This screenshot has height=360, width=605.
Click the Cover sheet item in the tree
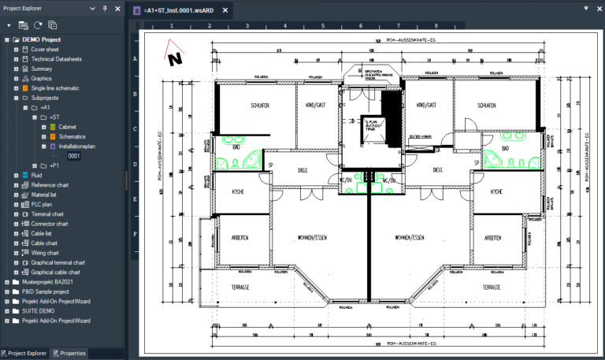[45, 49]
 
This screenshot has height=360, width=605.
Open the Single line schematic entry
[54, 88]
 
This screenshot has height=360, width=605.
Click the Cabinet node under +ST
[66, 127]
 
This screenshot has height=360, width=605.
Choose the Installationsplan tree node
[76, 146]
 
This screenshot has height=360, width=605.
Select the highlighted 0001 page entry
[74, 156]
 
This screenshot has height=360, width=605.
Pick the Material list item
[48, 195]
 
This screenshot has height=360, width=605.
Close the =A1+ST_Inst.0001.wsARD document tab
[225, 11]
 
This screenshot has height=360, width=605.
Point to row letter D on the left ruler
[135, 164]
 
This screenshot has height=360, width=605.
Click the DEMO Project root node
[41, 39]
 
